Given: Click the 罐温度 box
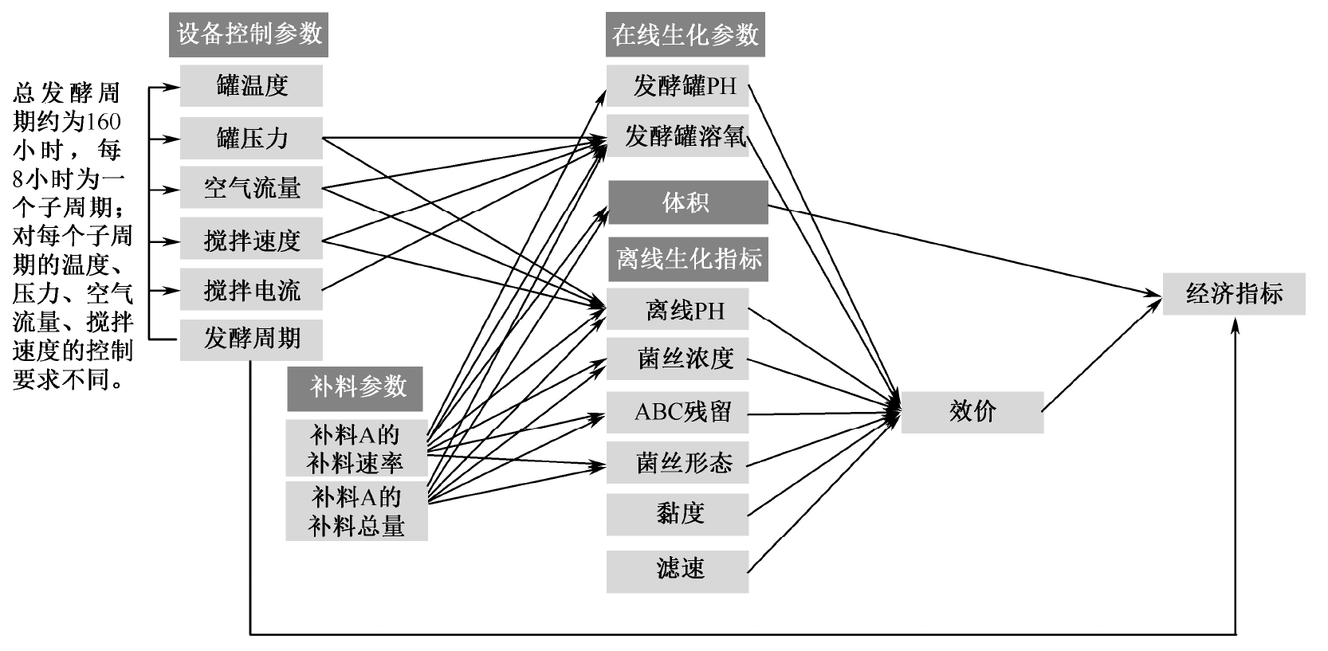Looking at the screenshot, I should coord(251,86).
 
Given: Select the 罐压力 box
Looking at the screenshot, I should coord(251,139).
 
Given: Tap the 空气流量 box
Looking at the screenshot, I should coord(251,189).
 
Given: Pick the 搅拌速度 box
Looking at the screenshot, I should coord(251,239).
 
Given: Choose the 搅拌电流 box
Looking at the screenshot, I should coord(251,290).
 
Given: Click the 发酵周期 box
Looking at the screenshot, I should coord(251,339).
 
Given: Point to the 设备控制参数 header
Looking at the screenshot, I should coord(249,35).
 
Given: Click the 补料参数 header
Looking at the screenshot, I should coord(356,388).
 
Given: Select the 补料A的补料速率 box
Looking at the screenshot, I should coord(356,448).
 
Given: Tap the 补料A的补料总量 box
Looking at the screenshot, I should coord(356,511).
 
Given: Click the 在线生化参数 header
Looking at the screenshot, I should coord(685,35).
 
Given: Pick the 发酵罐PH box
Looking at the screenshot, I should coord(678,86).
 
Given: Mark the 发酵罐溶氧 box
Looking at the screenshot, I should coord(678,136).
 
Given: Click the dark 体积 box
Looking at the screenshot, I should coord(687,202).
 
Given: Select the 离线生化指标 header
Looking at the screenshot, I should coord(689,259).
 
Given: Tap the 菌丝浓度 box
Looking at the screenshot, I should coord(678,359).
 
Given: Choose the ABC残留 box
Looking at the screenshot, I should coord(678,413).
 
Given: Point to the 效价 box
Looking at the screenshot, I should coord(972,412).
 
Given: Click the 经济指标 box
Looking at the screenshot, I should coord(1234,294).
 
